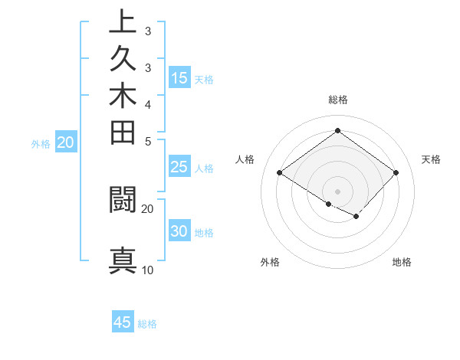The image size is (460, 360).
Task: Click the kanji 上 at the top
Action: (123, 21)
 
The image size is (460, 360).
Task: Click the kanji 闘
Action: (123, 198)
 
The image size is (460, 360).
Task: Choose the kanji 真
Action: (123, 260)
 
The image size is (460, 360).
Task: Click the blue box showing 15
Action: (179, 78)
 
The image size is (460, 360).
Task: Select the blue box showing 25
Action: (179, 167)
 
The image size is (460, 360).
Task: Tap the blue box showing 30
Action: (179, 231)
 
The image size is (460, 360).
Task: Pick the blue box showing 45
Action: (123, 322)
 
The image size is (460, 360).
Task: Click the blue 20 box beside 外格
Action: (66, 142)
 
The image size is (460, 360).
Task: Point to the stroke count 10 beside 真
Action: (147, 270)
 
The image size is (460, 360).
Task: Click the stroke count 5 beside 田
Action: (147, 141)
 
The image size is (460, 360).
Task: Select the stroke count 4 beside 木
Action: (147, 104)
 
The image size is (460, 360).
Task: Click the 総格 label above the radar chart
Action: (337, 100)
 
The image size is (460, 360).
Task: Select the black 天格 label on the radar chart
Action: (431, 159)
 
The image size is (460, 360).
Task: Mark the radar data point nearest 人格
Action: (279, 173)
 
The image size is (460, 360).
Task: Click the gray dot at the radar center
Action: (337, 191)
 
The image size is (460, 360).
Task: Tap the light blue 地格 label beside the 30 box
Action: (204, 233)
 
